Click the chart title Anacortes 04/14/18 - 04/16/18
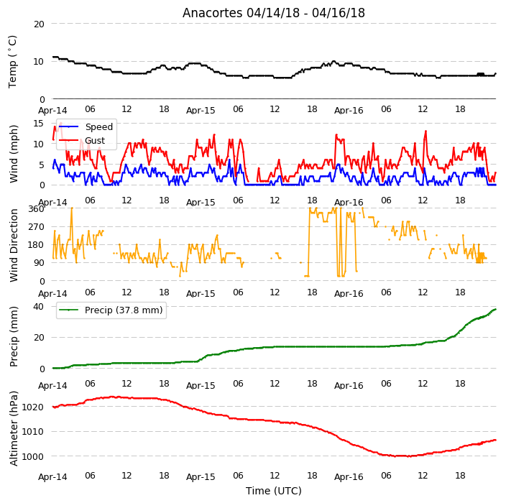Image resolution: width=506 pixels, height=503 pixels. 274,13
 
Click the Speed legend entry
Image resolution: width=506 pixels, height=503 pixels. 86,126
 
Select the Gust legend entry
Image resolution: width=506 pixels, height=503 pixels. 82,141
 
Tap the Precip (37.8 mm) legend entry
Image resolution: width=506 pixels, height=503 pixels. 111,310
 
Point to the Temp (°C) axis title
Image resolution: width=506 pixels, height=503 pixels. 12,62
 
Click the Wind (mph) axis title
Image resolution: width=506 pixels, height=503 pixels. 14,154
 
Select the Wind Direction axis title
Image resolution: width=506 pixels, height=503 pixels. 14,246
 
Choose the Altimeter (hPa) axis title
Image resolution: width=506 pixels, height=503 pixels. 14,428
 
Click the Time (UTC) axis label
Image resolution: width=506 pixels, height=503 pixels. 274,491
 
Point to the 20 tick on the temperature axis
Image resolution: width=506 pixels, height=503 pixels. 39,24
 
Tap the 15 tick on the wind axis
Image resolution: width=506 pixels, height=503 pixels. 38,124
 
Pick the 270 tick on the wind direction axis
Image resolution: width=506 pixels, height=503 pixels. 36,227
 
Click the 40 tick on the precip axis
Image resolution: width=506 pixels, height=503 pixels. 38,306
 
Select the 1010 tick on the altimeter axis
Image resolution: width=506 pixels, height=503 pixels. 32,431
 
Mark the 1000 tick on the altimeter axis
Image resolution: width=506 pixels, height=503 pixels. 32,456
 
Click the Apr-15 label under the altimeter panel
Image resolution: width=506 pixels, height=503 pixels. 201,477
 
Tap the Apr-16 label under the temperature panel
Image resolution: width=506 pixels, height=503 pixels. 349,111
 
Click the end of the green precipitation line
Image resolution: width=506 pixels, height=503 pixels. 495,309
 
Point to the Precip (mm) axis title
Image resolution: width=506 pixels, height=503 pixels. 14,336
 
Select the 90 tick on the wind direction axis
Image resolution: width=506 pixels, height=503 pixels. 39,262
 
